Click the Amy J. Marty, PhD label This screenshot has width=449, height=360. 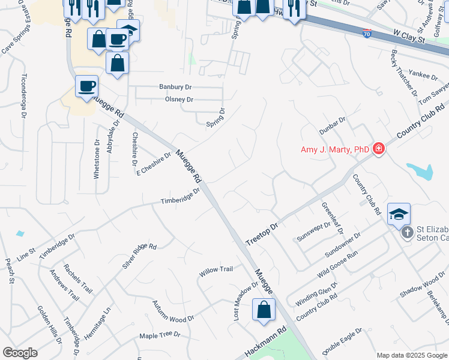(334, 149)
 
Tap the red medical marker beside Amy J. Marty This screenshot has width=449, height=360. (378, 149)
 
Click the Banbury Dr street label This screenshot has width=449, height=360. (174, 86)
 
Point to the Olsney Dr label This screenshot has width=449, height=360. (179, 100)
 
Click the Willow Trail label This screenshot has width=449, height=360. (215, 270)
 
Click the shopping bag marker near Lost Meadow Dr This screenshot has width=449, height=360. (264, 310)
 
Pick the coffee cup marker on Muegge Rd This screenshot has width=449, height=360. (87, 86)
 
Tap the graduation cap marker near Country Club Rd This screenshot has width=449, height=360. (399, 214)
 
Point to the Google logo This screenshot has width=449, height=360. (20, 353)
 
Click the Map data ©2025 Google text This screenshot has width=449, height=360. (412, 355)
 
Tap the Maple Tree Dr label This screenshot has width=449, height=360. (160, 335)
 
